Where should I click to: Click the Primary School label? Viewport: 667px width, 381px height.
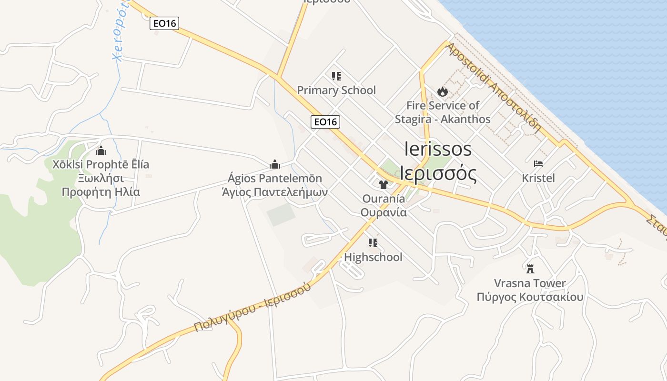tap(336, 90)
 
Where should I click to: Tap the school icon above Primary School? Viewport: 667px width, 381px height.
tap(336, 76)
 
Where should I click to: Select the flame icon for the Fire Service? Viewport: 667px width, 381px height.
tap(443, 91)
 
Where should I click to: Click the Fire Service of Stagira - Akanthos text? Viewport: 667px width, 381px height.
tap(443, 112)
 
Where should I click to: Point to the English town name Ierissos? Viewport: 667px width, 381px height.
tap(438, 149)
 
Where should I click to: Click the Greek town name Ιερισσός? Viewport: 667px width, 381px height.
tap(438, 174)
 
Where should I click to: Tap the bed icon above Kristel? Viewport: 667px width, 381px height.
tap(538, 164)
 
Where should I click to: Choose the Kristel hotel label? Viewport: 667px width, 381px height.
tap(538, 178)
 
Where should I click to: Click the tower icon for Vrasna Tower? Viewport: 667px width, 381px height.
tap(530, 269)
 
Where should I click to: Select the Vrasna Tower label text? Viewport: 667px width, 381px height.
tap(530, 283)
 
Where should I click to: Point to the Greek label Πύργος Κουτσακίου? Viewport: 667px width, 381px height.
tap(530, 298)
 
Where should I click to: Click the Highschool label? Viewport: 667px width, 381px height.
tap(373, 257)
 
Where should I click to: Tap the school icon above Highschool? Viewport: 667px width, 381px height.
tap(373, 243)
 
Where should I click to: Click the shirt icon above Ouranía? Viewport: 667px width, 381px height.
tap(383, 184)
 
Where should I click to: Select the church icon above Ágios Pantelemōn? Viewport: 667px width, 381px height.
tap(275, 164)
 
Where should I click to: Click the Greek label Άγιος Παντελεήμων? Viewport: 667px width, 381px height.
tap(275, 192)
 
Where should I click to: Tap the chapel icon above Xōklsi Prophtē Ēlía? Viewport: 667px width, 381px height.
tap(101, 150)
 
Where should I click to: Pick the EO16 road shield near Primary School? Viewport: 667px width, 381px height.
tap(325, 122)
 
